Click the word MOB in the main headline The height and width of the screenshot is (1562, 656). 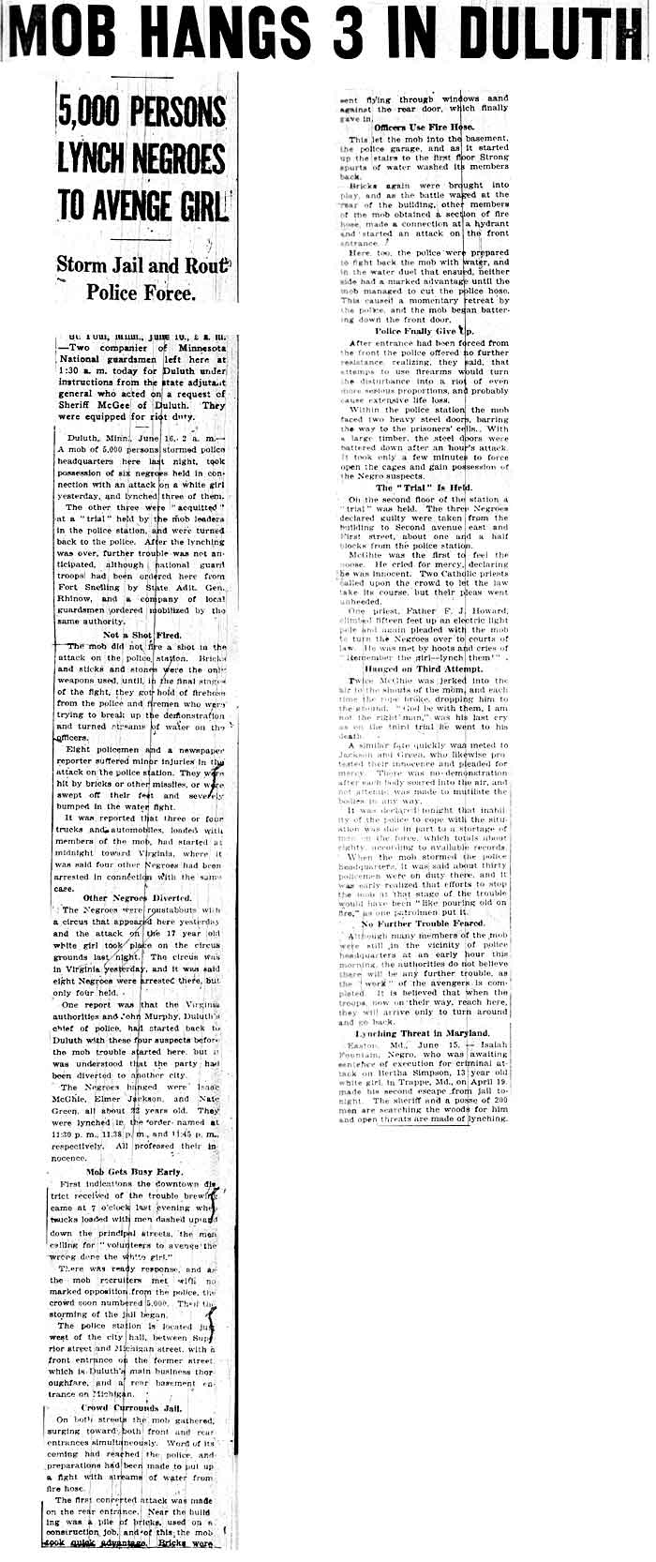69,35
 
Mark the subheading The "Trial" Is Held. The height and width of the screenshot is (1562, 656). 425,488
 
